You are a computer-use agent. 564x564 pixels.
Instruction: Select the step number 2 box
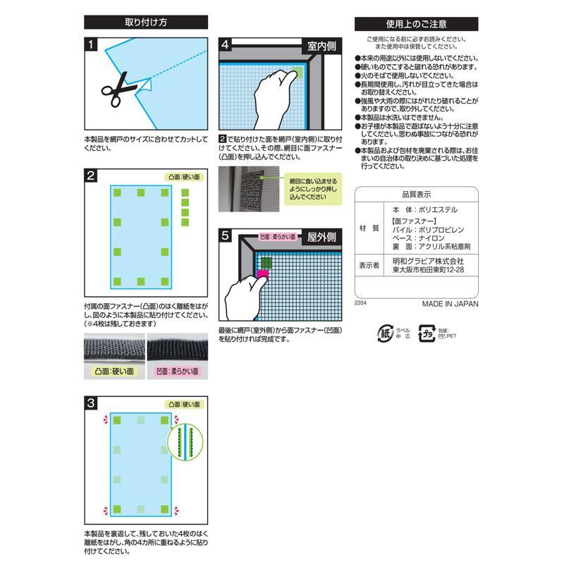tap(90, 176)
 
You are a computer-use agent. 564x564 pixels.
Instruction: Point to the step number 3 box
tap(90, 404)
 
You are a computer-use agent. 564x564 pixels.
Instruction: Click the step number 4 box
tap(225, 44)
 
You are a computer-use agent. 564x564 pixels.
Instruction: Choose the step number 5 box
tap(225, 238)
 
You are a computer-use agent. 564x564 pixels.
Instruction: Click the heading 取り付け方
tap(146, 23)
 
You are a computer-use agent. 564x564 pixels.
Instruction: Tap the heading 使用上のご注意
tap(416, 23)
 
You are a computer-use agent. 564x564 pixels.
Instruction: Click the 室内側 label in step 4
tap(321, 45)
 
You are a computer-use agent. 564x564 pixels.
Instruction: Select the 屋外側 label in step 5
tap(321, 238)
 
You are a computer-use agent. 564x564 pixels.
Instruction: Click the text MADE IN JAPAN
tap(450, 305)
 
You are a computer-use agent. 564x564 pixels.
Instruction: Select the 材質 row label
tap(369, 228)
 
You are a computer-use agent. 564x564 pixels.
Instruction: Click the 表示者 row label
tap(369, 264)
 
